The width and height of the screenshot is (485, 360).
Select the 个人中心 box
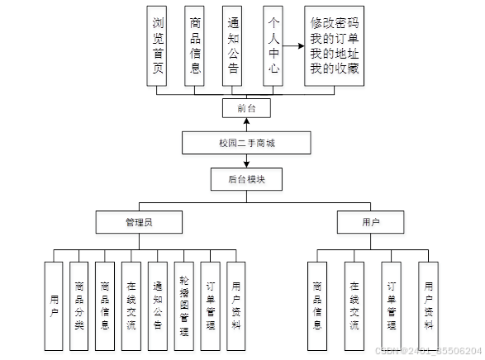click(x=274, y=45)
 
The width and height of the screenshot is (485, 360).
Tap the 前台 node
click(x=245, y=108)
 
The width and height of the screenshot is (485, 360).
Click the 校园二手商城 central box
click(x=245, y=143)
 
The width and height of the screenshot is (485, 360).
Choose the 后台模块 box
click(x=245, y=178)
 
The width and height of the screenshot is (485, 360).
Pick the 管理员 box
click(x=139, y=221)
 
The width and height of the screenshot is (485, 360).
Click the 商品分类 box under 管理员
click(x=79, y=296)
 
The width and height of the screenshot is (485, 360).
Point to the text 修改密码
click(x=335, y=22)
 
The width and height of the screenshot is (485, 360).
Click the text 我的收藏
click(x=335, y=69)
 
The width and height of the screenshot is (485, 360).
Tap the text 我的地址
click(x=335, y=54)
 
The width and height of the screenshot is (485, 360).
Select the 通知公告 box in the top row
click(x=235, y=45)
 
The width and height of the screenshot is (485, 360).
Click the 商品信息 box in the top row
click(x=196, y=45)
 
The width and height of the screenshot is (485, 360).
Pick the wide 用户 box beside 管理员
click(x=370, y=221)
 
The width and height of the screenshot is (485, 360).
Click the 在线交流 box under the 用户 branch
click(x=354, y=296)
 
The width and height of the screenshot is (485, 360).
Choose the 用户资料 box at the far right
click(x=427, y=296)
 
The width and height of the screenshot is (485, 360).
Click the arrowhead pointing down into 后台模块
click(x=245, y=163)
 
